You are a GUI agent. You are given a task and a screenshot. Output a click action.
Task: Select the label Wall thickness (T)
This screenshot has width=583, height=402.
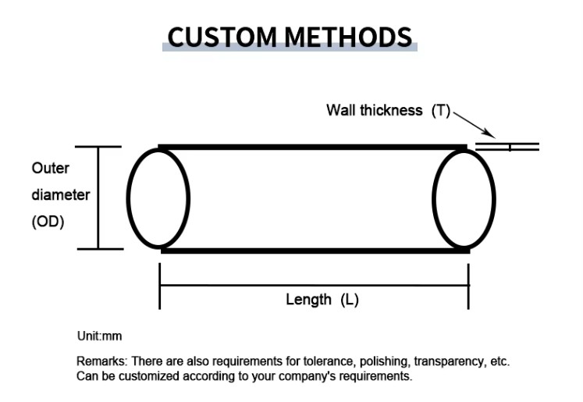click(388, 111)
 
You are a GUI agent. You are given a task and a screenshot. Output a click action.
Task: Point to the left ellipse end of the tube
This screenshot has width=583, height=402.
click(158, 197)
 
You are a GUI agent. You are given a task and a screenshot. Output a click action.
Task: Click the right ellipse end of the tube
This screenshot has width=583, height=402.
click(464, 197)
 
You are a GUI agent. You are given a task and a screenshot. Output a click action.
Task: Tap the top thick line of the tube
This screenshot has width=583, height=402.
click(312, 147)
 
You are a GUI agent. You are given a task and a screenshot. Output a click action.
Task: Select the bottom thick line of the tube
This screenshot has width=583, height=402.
click(312, 251)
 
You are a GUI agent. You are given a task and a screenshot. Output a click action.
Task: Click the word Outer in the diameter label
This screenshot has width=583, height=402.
click(50, 168)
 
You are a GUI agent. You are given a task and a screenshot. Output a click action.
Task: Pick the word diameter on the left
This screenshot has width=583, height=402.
click(60, 194)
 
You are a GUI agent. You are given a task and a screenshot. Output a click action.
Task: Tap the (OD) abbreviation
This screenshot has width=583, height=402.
click(48, 221)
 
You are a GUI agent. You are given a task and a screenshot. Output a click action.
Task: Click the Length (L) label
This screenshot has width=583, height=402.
click(322, 299)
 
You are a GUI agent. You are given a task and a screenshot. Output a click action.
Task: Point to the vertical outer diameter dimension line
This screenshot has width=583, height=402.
click(98, 197)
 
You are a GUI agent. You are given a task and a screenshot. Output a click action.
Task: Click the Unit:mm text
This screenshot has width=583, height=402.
click(99, 336)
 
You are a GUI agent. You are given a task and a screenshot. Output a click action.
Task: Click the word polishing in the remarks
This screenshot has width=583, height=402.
click(385, 362)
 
